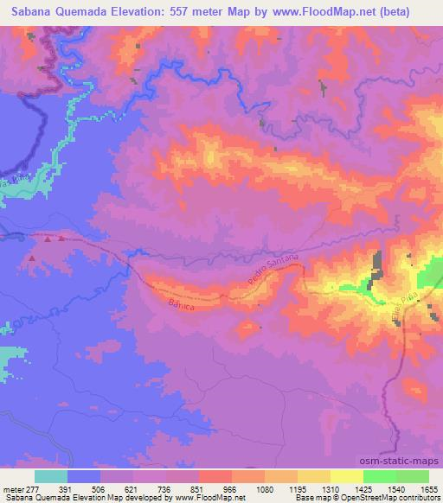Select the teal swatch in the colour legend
click(x=50, y=476)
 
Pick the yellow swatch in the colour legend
click(x=347, y=476)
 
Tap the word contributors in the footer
click(x=419, y=498)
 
